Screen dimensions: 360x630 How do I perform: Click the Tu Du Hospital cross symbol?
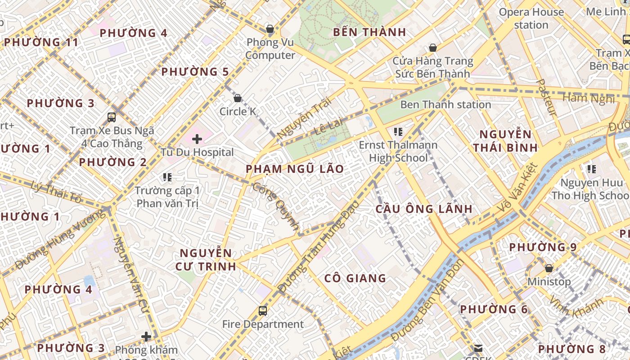click(197, 139)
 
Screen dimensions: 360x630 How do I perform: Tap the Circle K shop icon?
click(238, 98)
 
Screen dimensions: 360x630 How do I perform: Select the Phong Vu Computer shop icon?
click(270, 29)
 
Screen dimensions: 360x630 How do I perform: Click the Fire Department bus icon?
click(262, 310)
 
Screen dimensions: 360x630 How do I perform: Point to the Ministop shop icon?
click(549, 269)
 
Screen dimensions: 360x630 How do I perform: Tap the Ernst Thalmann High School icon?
click(398, 132)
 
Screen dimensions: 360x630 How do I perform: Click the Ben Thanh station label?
click(445, 105)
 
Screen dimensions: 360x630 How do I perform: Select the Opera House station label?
click(531, 18)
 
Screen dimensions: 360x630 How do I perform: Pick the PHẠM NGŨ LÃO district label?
click(295, 169)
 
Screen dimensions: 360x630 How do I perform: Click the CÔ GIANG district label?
click(355, 279)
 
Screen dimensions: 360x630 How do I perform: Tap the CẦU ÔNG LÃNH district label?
click(424, 209)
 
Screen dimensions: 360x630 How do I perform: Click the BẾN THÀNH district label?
click(369, 32)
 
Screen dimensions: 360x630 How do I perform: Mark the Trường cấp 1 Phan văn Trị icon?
click(167, 177)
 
